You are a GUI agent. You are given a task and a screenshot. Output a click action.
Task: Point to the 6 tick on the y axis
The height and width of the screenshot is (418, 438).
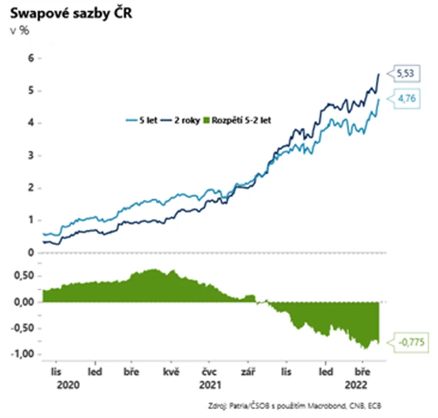point(29,58)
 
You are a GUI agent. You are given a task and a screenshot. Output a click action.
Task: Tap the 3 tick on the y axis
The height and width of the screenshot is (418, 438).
point(29,155)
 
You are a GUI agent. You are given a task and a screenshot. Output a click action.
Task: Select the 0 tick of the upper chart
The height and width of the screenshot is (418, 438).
point(29,252)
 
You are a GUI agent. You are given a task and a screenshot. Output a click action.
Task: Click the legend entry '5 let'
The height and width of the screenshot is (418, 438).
point(149,120)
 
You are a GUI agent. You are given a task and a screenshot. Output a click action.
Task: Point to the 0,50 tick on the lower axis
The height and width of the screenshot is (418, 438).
point(23,276)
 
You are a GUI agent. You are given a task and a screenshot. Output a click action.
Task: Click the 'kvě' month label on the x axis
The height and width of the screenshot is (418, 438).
point(171,374)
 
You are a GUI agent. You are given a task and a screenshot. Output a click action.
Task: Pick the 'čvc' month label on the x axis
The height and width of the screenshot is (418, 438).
point(209,374)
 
